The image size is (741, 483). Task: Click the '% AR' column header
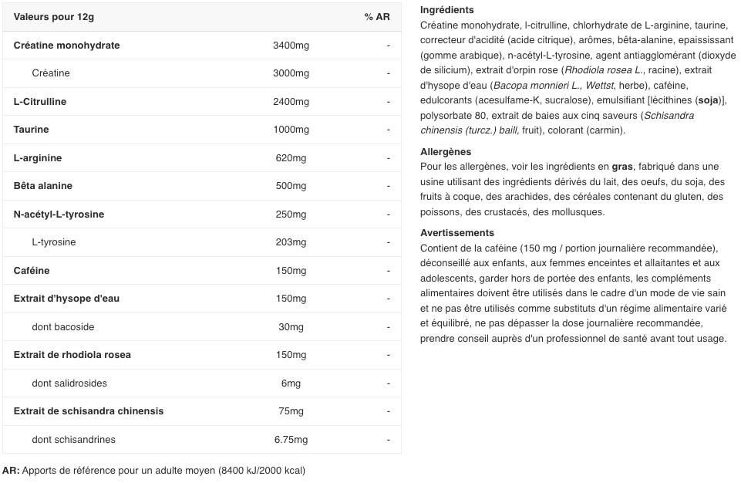[377, 17]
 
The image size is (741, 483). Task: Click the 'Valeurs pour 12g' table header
[54, 17]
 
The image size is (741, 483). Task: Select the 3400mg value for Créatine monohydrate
[291, 46]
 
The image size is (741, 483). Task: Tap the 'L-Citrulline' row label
[40, 102]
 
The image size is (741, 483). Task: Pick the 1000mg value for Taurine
[291, 130]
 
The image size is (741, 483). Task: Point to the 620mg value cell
[291, 158]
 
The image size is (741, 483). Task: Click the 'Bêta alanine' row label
[43, 186]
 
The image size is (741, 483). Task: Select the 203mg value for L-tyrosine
[291, 242]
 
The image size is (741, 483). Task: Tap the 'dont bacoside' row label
[63, 327]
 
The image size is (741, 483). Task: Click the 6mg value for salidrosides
[291, 383]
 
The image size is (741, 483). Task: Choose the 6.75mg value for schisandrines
[291, 440]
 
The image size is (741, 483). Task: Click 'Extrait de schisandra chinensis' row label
[89, 411]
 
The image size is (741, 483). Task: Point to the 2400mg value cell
[291, 102]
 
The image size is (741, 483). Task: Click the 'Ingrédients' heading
[447, 10]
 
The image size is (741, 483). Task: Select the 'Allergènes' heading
[446, 152]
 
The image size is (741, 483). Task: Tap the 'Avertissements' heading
[457, 233]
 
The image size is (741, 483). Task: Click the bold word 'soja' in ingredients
[708, 100]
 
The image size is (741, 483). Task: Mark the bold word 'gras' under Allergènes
[621, 167]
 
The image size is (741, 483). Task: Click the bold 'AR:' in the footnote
[11, 470]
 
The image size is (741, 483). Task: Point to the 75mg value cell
[291, 411]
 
